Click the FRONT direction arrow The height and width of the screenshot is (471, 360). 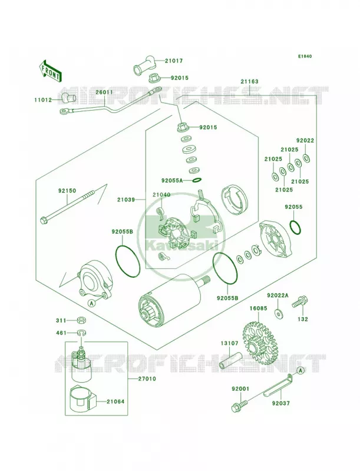[50, 71]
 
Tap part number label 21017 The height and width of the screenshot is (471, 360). [174, 61]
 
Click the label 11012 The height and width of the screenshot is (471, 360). [42, 99]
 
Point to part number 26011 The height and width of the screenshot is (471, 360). [104, 92]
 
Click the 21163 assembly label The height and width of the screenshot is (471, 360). [249, 81]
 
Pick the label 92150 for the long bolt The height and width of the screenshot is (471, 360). [67, 191]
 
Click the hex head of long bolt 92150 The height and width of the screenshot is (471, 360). [43, 221]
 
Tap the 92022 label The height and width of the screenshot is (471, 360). [305, 140]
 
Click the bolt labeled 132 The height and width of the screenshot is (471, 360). [299, 301]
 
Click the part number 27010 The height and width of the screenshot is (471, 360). [147, 379]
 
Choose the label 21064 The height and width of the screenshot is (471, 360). [115, 402]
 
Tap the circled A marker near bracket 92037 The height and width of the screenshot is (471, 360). [301, 371]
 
